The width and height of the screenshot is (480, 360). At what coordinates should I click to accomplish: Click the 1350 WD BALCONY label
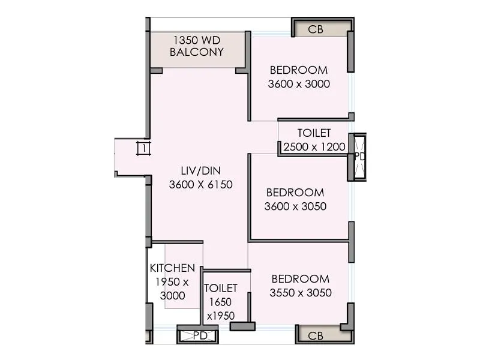197,46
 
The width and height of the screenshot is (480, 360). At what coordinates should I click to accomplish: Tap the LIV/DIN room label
200,171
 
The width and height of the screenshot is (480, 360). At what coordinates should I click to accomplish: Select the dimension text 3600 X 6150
200,185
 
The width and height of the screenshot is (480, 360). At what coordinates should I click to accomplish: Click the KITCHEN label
172,268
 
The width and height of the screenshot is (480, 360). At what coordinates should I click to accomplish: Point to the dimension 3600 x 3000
299,84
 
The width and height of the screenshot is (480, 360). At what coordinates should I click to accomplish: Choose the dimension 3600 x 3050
295,206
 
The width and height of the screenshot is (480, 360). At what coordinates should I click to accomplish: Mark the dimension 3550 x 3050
301,293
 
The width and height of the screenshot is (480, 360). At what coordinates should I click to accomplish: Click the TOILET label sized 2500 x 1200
314,133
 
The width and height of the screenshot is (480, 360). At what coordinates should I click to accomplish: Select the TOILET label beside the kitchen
220,289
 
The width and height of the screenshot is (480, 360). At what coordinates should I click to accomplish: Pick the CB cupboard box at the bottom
315,335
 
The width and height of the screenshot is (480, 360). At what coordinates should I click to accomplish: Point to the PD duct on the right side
359,157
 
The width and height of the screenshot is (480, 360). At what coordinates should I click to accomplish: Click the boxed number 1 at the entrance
143,148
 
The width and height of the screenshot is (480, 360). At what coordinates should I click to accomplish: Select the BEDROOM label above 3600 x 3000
299,69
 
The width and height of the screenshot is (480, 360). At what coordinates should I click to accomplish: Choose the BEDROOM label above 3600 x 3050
295,193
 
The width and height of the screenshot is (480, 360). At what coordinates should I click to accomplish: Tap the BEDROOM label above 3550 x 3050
301,279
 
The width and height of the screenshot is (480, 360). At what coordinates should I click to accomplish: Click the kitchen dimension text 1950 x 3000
172,289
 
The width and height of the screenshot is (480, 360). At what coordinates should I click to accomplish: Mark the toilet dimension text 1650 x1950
220,309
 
